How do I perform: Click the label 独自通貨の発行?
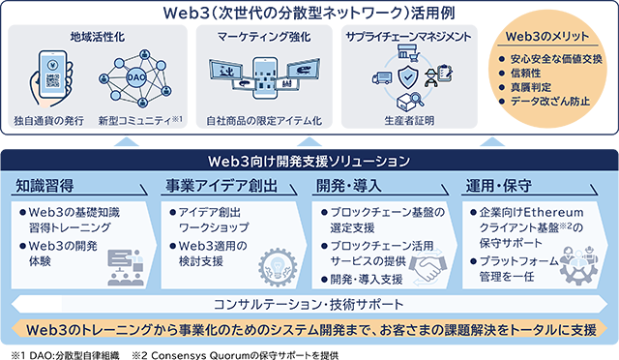click(x=47, y=122)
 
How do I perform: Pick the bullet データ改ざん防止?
click(x=548, y=100)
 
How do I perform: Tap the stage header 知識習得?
click(x=45, y=185)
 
